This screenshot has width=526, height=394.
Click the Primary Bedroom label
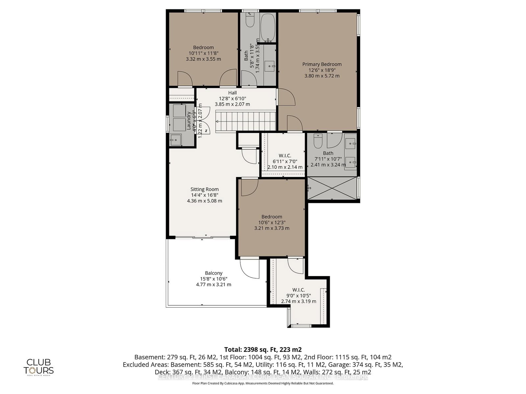pos(322,64)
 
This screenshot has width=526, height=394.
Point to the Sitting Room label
pos(204,189)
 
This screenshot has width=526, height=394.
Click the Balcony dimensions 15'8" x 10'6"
pos(213,279)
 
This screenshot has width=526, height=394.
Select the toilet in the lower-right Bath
pos(318,141)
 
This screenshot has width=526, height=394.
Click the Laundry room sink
pos(176,140)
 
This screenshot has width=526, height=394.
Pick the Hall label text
pos(232,93)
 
